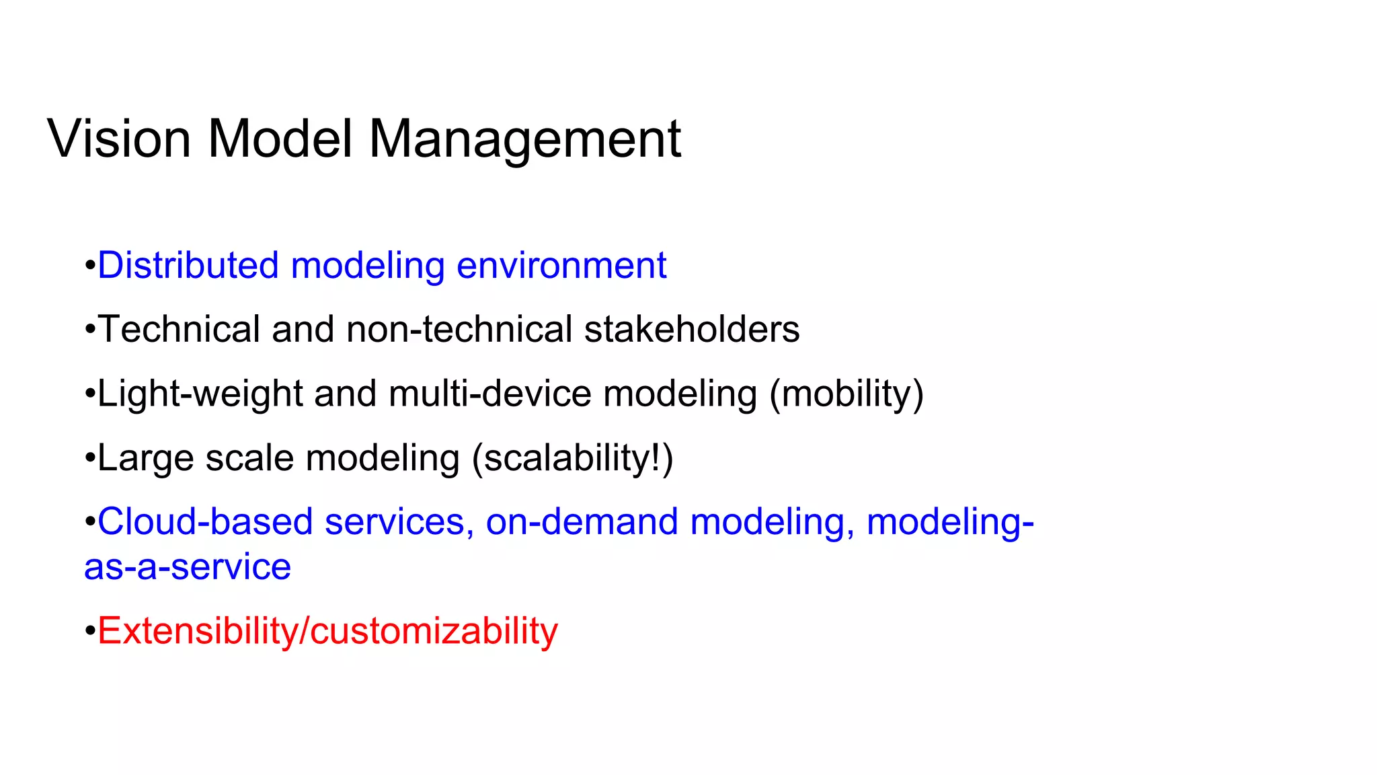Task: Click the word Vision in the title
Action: click(x=119, y=139)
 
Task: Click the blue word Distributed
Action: click(x=188, y=265)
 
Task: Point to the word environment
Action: click(x=561, y=265)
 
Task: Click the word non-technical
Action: click(x=459, y=329)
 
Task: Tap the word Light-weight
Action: click(x=200, y=394)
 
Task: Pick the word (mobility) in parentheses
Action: click(x=847, y=394)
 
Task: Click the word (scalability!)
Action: click(x=572, y=458)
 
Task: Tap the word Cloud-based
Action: click(x=205, y=522)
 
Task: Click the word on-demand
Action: click(x=582, y=522)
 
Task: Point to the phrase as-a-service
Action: click(x=188, y=567)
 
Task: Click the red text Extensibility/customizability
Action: click(x=327, y=631)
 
